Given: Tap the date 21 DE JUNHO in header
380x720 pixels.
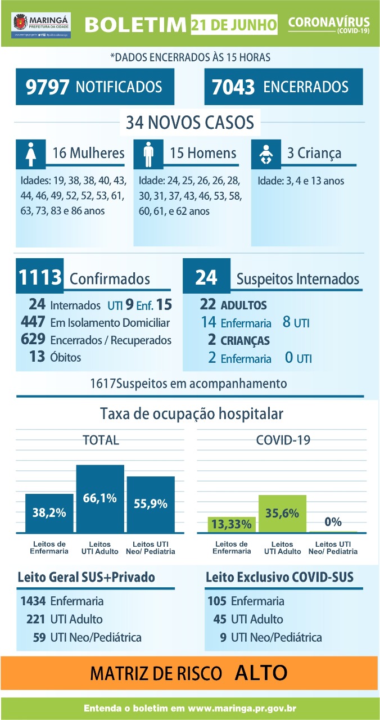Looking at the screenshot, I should point(234,25).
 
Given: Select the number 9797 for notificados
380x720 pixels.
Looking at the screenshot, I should point(48,87).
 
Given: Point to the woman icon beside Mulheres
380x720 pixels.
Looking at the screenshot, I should point(31,154).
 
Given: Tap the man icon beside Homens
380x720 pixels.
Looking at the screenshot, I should point(148,154).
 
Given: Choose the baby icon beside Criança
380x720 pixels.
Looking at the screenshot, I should point(266,154).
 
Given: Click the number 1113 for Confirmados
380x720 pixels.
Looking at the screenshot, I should point(40,277).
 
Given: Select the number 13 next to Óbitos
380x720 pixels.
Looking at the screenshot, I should point(38,357).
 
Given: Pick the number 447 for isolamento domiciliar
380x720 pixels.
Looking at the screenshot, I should point(33,322).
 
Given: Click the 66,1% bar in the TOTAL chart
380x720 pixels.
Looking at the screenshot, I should point(100,499).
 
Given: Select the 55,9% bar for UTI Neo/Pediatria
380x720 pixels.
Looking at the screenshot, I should point(151,505).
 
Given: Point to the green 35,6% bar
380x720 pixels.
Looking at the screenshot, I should point(282,514).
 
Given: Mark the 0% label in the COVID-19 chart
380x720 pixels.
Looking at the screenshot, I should point(333,521).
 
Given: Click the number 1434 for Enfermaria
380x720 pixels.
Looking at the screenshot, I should point(33,601).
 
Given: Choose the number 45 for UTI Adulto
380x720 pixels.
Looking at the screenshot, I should point(219,619).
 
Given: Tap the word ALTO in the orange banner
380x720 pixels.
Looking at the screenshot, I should point(261,672).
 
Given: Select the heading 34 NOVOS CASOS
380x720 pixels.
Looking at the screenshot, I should point(189,121).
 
